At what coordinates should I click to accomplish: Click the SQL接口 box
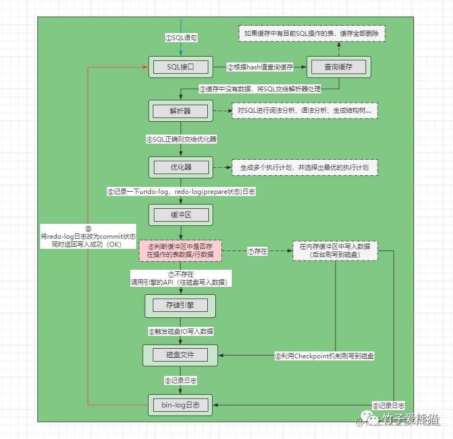click(181, 67)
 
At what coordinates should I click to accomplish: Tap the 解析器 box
click(181, 111)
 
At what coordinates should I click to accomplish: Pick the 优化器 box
click(181, 167)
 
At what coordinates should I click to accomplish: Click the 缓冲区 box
click(181, 215)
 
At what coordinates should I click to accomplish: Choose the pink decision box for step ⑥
click(180, 250)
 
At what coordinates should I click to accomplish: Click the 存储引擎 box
click(180, 305)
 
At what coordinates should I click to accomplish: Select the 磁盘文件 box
click(180, 355)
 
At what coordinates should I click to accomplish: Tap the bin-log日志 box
click(180, 405)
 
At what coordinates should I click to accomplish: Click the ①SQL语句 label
click(181, 38)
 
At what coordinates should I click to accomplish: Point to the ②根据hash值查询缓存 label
click(260, 67)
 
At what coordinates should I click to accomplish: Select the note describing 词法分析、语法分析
click(304, 111)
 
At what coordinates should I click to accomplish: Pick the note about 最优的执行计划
click(304, 167)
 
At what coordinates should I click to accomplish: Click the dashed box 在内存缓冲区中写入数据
click(335, 250)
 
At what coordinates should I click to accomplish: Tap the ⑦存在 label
click(257, 250)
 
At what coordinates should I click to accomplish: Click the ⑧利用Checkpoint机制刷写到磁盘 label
click(324, 356)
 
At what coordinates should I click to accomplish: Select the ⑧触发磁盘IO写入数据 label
click(181, 331)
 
